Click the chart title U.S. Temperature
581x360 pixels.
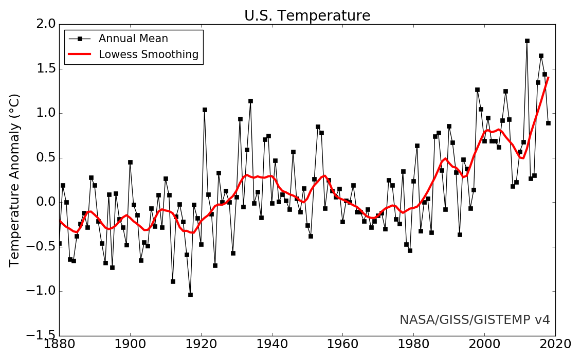pyautogui.click(x=307, y=16)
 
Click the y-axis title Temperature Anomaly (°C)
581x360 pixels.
pyautogui.click(x=15, y=180)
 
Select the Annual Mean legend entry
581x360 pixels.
pyautogui.click(x=133, y=39)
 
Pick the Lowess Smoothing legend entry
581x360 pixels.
pyautogui.click(x=149, y=55)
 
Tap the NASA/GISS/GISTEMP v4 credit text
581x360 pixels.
pyautogui.click(x=475, y=320)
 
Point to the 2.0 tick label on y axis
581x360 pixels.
pyautogui.click(x=43, y=25)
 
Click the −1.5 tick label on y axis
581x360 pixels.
pyautogui.click(x=39, y=336)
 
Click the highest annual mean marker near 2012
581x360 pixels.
pyautogui.click(x=527, y=41)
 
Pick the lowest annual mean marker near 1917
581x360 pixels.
pyautogui.click(x=190, y=295)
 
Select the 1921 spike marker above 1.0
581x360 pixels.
pyautogui.click(x=205, y=110)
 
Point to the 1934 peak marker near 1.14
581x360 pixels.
pyautogui.click(x=250, y=101)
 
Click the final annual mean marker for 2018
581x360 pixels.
pyautogui.click(x=548, y=123)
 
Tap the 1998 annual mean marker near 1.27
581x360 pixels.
pyautogui.click(x=477, y=89)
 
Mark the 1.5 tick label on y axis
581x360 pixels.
pyautogui.click(x=43, y=69)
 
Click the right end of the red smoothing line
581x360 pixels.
pyautogui.click(x=548, y=78)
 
